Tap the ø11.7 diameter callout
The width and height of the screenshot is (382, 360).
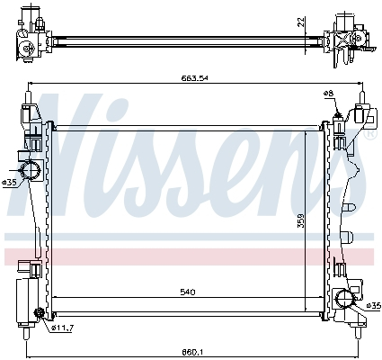(61, 327)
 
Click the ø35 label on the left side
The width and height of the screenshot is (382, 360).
(10, 182)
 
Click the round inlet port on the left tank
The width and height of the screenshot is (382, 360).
(31, 171)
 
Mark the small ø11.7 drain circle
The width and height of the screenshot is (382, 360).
(40, 313)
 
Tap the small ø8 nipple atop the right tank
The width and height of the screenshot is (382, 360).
(337, 111)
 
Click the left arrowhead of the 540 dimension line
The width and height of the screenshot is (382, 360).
(56, 297)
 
